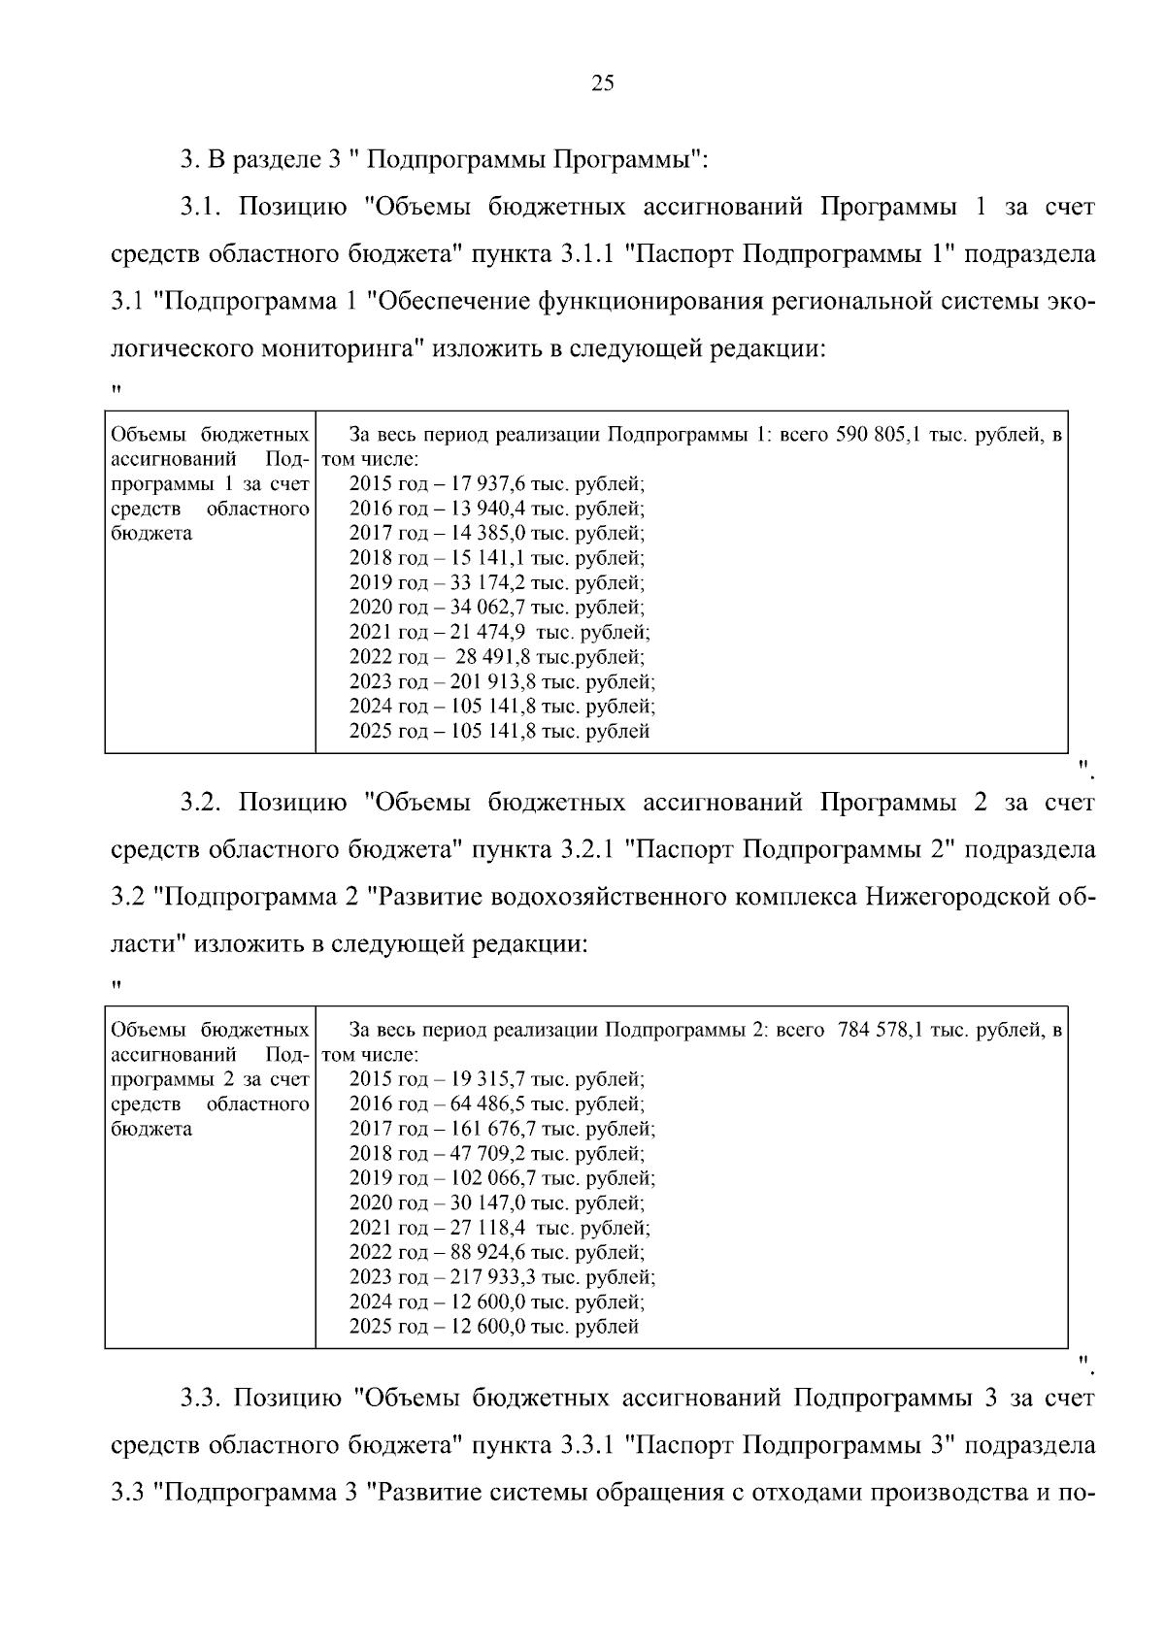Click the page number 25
(602, 84)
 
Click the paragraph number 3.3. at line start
(202, 1399)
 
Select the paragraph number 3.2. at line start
(202, 803)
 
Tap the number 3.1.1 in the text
(584, 255)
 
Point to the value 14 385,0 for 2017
(485, 533)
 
